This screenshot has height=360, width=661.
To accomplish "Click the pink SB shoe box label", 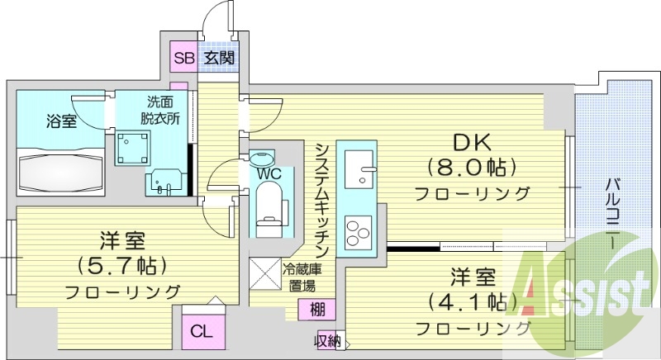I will click(183, 58).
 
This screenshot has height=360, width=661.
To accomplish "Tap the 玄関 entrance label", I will click(219, 58).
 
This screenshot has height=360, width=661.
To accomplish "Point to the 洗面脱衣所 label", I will click(160, 110).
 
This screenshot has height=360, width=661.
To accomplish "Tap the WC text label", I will click(270, 173).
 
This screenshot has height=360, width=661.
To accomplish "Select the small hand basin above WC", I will click(264, 157).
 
